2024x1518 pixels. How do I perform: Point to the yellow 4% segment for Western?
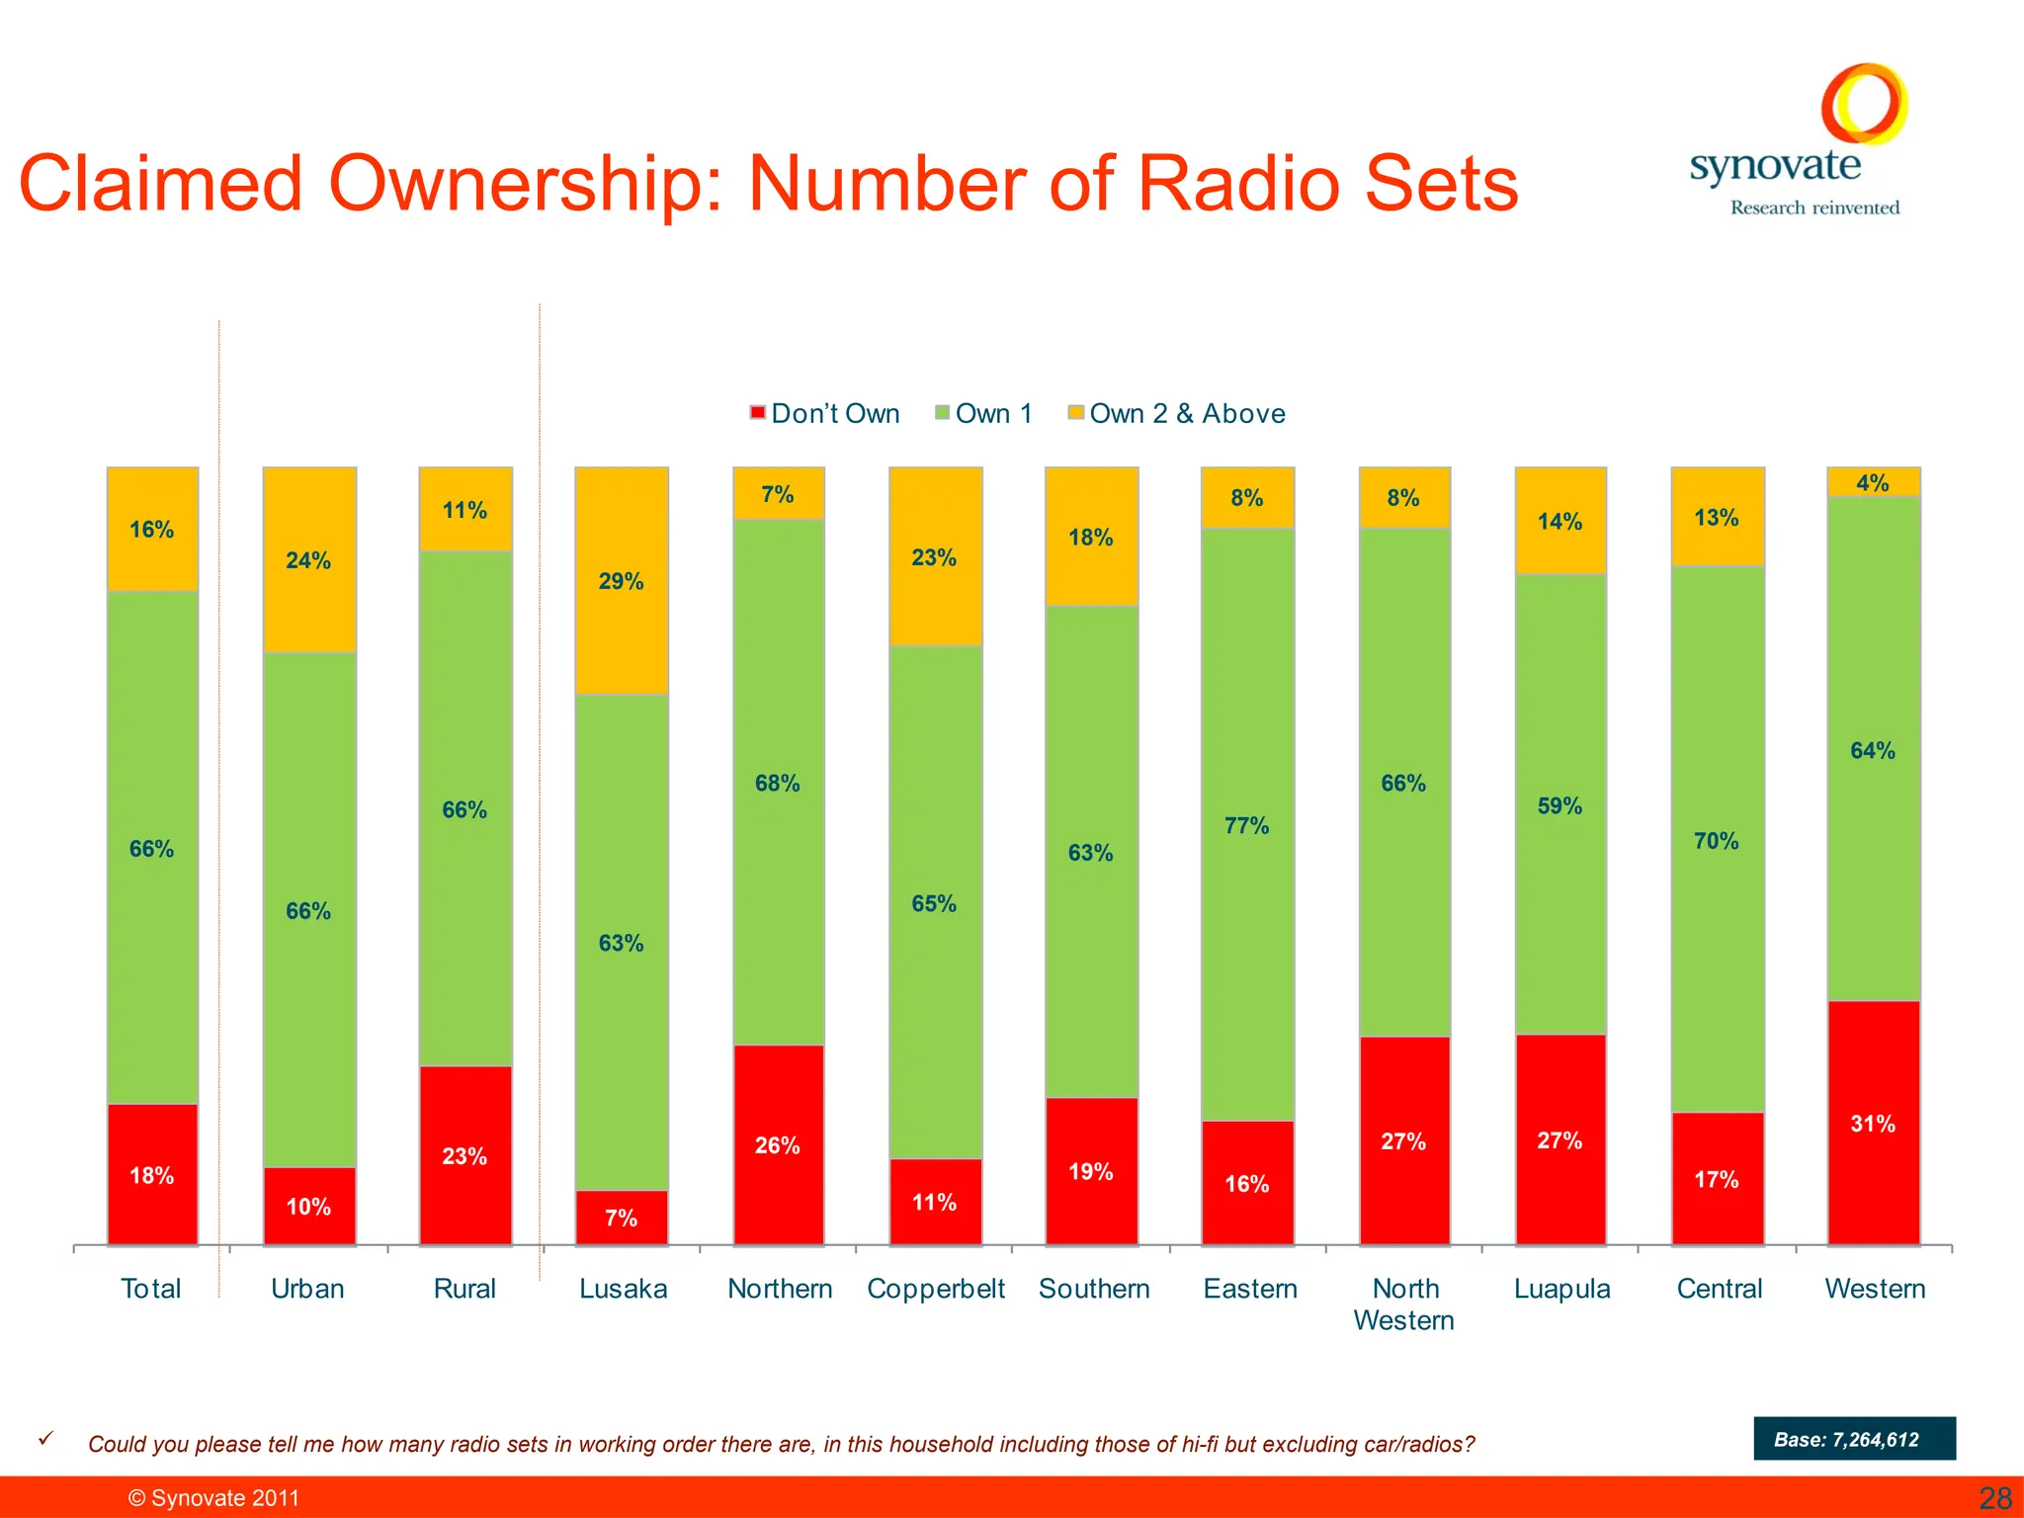(x=1874, y=482)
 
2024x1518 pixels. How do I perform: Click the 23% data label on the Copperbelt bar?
(x=934, y=557)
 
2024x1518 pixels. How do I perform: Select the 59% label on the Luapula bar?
(x=1560, y=805)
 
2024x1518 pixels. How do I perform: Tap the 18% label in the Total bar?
(x=151, y=1175)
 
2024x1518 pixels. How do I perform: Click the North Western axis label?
(x=1403, y=1304)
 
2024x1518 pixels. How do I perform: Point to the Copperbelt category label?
(x=935, y=1289)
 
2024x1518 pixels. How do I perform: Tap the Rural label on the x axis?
(x=464, y=1289)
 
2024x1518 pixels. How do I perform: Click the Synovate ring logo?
(x=1864, y=104)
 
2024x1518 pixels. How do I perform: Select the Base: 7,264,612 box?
(x=1854, y=1439)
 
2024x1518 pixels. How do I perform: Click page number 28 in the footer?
(x=1994, y=1498)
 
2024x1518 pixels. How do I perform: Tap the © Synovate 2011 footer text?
(x=213, y=1498)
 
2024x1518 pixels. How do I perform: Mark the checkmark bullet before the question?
(x=45, y=1439)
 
